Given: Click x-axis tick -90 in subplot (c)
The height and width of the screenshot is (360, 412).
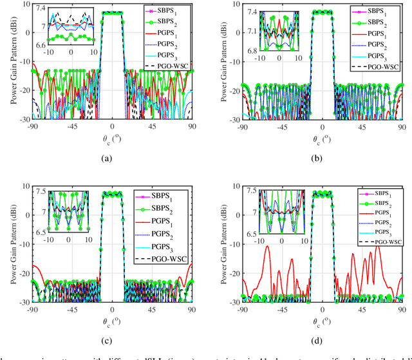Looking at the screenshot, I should (34, 309).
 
